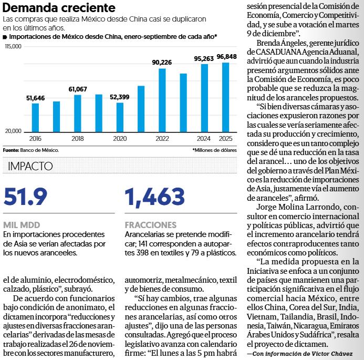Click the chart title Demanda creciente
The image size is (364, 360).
[59, 8]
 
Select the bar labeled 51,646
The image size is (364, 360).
[36, 117]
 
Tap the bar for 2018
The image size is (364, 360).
[78, 112]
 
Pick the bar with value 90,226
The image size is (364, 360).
[162, 99]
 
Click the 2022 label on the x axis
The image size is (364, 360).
[162, 138]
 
